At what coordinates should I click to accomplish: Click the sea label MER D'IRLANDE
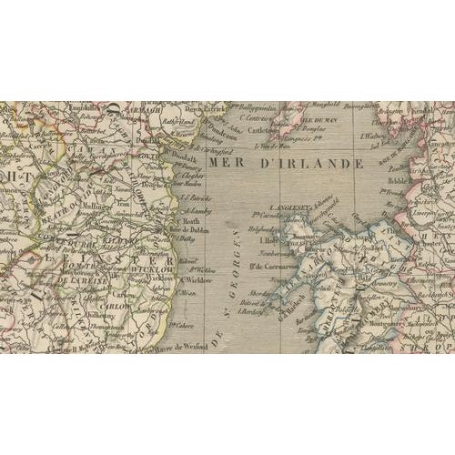point(286,164)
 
